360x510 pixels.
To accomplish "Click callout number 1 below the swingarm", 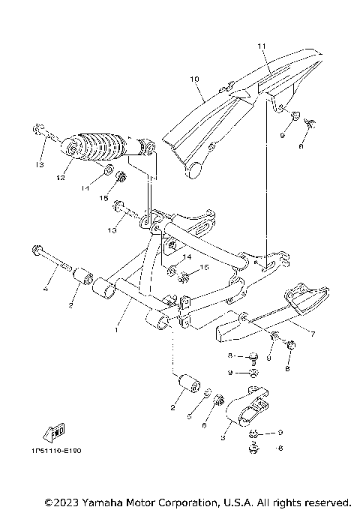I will point(117,328).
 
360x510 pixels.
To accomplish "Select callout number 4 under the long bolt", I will point(45,289).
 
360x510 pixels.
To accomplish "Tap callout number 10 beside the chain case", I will point(193,78).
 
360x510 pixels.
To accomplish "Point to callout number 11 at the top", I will point(262,46).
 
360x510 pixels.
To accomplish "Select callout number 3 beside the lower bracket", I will point(223,435).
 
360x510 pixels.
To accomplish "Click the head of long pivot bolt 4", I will point(35,250).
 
